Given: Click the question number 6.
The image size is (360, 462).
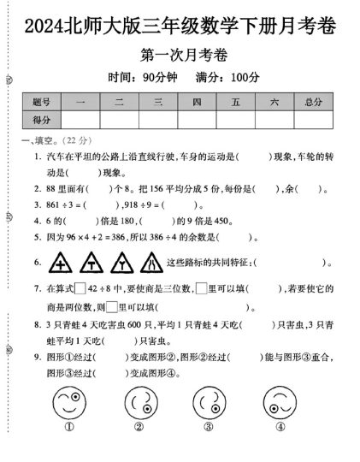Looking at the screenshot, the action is (37, 261).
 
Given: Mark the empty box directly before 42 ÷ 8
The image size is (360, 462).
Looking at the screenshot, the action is (80, 287).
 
